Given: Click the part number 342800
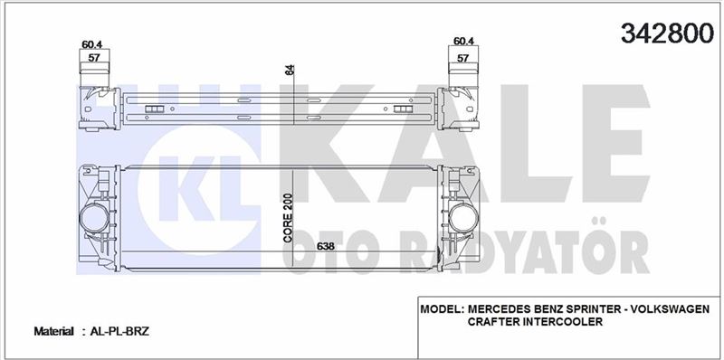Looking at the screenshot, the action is click(x=667, y=33).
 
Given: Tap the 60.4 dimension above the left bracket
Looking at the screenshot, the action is click(x=92, y=44).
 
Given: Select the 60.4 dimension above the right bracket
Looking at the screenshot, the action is click(x=463, y=41).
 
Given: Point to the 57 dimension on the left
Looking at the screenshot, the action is click(x=94, y=58).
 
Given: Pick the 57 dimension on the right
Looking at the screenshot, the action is click(x=463, y=58).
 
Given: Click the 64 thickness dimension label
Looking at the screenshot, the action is click(x=290, y=71).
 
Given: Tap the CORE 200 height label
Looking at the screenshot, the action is click(x=288, y=218).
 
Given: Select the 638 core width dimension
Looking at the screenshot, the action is click(x=325, y=246).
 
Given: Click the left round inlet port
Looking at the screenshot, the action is click(x=95, y=218).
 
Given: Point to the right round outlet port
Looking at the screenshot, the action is click(x=463, y=218).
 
